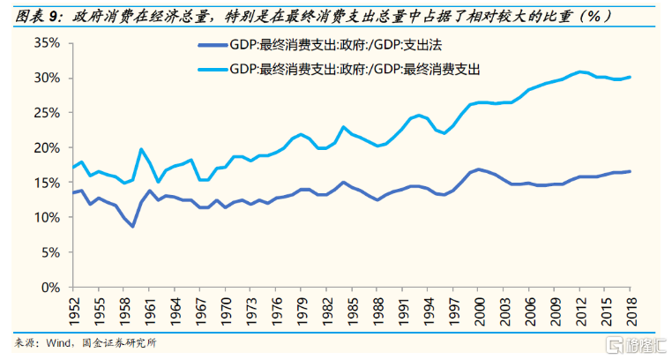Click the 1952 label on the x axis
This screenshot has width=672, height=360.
(x=76, y=309)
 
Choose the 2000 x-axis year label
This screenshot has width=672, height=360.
(x=481, y=309)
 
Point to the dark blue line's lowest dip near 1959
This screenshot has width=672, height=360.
(x=132, y=227)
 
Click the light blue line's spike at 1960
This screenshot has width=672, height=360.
(x=141, y=149)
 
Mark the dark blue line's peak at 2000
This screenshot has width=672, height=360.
(x=481, y=169)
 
